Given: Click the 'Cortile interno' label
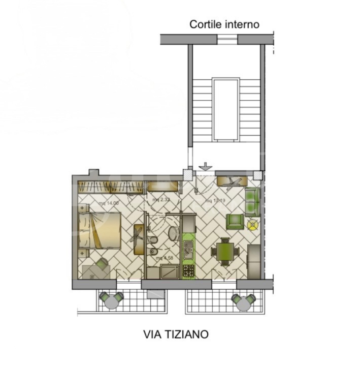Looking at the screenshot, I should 224,24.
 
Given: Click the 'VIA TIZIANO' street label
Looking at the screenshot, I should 175,334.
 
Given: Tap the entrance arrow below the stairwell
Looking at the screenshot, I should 205,166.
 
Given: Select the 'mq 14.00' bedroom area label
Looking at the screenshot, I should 109,203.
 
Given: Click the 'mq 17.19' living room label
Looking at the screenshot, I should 215,201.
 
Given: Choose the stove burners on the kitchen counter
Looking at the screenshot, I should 188,270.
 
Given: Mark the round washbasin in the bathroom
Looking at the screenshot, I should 173,233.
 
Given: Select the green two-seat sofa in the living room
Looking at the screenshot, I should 252,201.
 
